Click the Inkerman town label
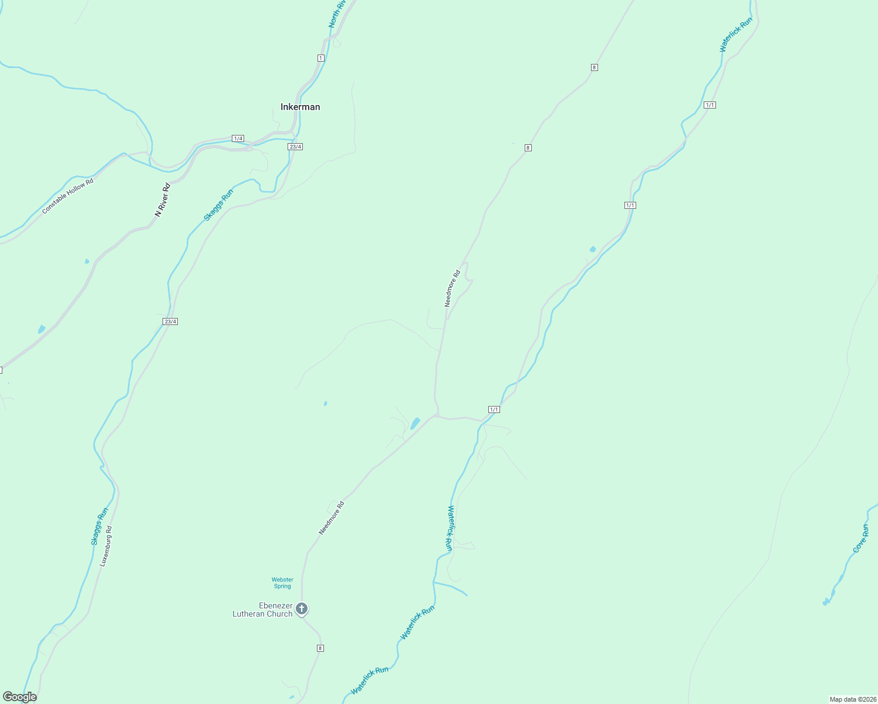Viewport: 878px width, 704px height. coord(300,107)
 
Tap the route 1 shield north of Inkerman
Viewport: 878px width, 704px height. coord(320,57)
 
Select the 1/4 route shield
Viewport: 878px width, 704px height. coord(238,138)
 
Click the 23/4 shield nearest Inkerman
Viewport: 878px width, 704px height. coord(295,147)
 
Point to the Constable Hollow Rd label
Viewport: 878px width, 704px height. coord(67,196)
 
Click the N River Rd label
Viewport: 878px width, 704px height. coord(162,200)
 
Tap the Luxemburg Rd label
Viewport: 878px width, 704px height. coord(105,546)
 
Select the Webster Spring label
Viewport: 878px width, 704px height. coord(282,583)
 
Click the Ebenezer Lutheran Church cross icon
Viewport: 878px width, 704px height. coord(302,608)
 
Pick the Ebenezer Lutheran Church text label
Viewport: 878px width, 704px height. coord(262,610)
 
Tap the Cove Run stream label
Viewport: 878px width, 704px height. coord(860,539)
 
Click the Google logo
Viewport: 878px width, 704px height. coord(19,697)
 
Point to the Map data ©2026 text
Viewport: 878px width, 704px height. coord(852,699)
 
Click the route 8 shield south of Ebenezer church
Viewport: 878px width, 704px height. coord(320,648)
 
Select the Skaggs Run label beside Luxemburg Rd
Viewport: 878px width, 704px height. coord(100,526)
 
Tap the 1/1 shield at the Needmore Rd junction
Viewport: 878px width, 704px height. coord(494,409)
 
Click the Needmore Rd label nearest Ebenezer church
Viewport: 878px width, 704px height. coord(331,517)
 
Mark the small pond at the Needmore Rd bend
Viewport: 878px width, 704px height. coord(415,423)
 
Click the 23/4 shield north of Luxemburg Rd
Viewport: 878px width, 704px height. coord(170,321)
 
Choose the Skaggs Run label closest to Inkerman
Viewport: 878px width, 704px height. coord(218,205)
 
